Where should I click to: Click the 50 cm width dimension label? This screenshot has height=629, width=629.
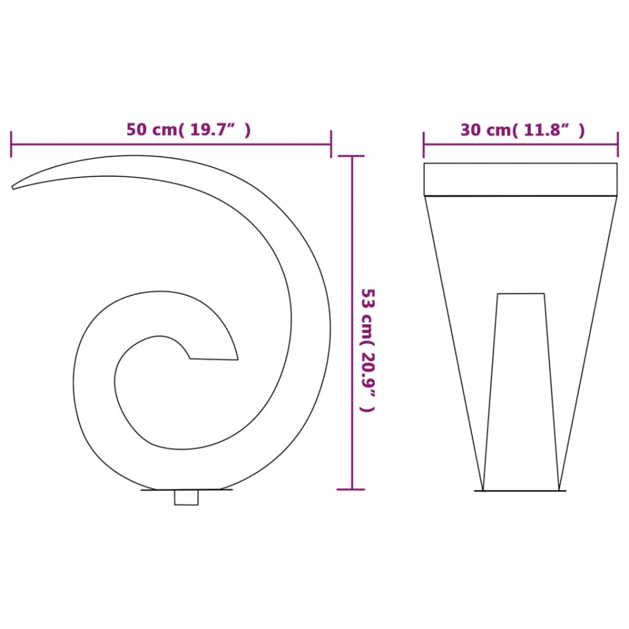tap(189, 130)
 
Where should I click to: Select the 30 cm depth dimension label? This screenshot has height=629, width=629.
tap(522, 130)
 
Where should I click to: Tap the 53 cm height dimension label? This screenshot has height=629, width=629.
tap(368, 350)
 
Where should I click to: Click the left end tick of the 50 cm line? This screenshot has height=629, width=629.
tap(11, 144)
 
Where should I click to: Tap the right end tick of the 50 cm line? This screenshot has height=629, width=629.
tap(331, 144)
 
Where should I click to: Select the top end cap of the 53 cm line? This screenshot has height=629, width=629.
tap(351, 156)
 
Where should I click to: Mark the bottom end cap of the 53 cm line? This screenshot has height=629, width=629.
tap(351, 489)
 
